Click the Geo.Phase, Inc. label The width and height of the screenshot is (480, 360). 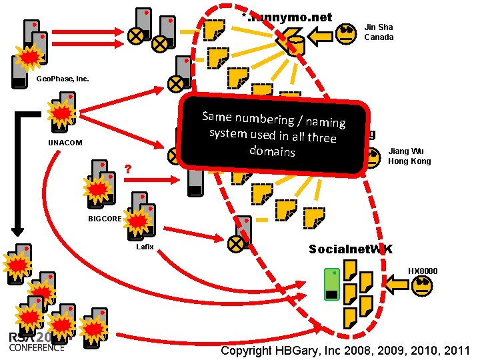click(62, 79)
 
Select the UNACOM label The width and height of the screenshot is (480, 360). click(66, 143)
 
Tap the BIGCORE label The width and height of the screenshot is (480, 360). click(105, 219)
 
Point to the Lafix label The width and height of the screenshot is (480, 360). click(145, 247)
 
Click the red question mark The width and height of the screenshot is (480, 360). click(127, 169)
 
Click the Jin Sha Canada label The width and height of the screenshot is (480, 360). click(379, 32)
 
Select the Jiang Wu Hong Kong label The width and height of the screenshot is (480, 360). click(409, 156)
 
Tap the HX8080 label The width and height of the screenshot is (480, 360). click(423, 271)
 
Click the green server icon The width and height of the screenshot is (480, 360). click(332, 285)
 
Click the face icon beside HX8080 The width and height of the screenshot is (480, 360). click(423, 286)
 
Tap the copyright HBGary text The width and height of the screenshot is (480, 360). click(345, 351)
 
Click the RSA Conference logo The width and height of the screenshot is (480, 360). click(37, 341)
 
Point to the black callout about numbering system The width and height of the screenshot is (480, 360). click(273, 137)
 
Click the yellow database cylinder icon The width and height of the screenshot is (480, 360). click(297, 45)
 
